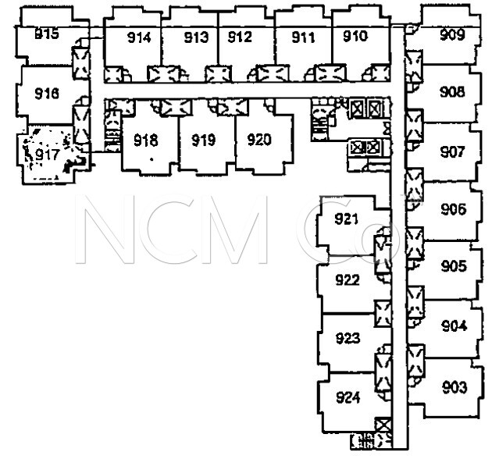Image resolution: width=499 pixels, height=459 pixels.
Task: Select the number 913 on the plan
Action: click(196, 37)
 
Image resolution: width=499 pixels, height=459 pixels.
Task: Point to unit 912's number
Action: click(240, 37)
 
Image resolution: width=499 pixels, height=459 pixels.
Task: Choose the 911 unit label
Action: click(303, 37)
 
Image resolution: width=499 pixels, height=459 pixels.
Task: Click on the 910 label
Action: click(355, 37)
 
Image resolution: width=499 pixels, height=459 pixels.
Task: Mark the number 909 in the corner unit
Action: click(452, 34)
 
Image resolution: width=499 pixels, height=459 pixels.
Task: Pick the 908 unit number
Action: click(452, 92)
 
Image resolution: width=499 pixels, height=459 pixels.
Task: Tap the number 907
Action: click(452, 151)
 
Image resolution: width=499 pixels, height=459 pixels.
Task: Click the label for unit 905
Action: click(453, 267)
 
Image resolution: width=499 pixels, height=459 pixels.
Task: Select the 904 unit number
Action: click(454, 326)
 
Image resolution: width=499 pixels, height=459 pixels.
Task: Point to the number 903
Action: click(454, 388)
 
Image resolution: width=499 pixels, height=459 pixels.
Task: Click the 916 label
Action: click(48, 94)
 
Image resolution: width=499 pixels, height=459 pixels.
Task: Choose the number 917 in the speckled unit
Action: click(47, 154)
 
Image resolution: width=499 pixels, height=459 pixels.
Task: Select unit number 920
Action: click(258, 141)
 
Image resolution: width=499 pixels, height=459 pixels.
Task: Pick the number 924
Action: click(348, 398)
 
